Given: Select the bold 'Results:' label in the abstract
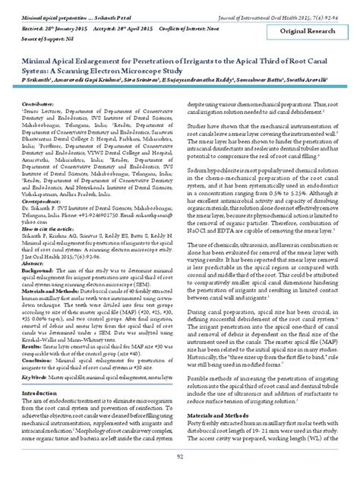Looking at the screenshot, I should pyautogui.click(x=34, y=321).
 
